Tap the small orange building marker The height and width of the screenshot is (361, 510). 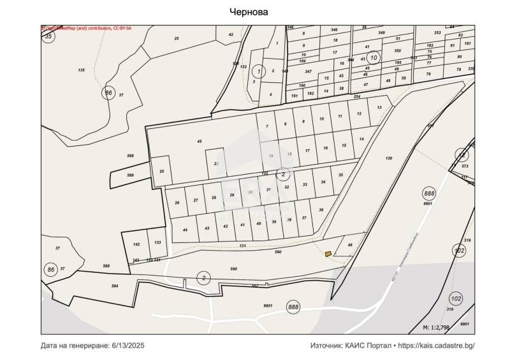[328, 254]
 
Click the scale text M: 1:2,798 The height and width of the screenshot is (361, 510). [436, 327]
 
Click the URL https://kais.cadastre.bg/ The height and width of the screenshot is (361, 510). [437, 346]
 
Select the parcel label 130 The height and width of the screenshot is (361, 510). [389, 158]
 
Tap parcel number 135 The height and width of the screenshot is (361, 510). [81, 70]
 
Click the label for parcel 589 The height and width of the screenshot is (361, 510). [131, 175]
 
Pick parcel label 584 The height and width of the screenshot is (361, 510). [115, 286]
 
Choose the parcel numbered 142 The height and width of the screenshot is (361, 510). [136, 244]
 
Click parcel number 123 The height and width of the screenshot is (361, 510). [157, 243]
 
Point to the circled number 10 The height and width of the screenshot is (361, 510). [374, 58]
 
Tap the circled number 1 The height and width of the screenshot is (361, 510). [258, 71]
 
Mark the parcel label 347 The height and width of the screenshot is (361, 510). [308, 71]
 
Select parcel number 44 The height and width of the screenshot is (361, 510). [185, 230]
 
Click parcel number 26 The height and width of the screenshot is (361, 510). [177, 203]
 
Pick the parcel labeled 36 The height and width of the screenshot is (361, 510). [321, 210]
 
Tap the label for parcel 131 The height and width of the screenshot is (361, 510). [242, 246]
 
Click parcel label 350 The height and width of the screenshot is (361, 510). [397, 50]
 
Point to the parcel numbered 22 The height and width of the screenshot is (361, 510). [216, 164]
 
